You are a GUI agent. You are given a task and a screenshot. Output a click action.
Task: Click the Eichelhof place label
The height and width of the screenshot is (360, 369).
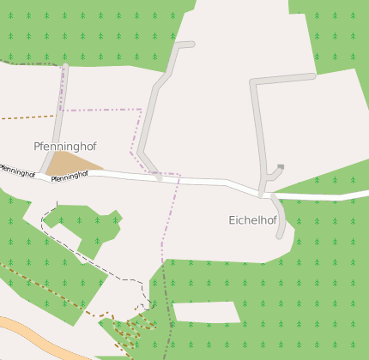[x=252, y=220]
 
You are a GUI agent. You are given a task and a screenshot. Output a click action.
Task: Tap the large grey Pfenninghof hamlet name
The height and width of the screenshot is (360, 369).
[x=65, y=147]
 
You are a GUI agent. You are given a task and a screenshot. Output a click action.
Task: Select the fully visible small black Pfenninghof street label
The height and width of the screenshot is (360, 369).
[x=70, y=176]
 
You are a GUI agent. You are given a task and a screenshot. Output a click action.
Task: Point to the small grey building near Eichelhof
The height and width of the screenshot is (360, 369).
[x=281, y=167]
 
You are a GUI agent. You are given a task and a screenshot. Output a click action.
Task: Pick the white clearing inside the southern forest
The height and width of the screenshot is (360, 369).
[x=206, y=312]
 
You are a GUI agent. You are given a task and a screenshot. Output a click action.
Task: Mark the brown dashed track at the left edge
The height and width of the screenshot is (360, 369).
[x=26, y=117]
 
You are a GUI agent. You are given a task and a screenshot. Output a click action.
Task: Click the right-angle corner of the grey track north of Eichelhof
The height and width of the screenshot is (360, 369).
[x=252, y=82]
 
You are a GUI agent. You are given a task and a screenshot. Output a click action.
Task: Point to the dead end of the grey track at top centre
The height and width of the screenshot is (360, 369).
[x=191, y=44]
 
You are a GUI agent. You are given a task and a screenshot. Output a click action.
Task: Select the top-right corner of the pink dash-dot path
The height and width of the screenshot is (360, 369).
[x=140, y=110]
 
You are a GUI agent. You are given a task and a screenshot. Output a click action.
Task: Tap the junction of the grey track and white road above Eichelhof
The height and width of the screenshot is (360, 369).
[x=261, y=193]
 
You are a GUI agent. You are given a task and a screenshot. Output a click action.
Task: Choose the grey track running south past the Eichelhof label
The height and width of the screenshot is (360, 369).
[x=279, y=219]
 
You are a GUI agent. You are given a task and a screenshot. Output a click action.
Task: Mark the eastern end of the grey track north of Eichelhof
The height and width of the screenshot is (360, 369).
[x=312, y=76]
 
